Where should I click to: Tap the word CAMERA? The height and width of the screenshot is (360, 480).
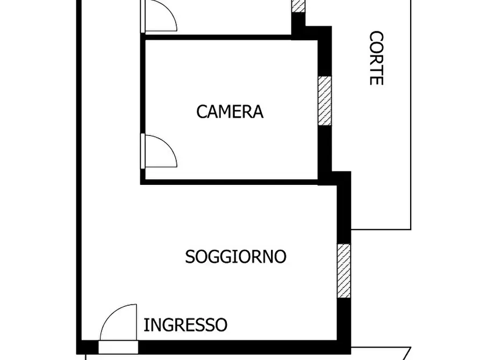(230, 112)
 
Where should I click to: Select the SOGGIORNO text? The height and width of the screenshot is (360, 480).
(235, 256)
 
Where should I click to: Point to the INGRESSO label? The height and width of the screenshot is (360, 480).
(185, 325)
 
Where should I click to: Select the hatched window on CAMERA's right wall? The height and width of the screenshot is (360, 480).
(325, 101)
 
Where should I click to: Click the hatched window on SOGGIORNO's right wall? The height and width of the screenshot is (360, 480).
(343, 270)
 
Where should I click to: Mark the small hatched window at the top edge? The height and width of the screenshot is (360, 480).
(298, 5)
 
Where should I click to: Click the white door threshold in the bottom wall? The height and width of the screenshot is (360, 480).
(118, 347)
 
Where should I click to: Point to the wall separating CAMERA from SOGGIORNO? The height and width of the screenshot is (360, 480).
(231, 182)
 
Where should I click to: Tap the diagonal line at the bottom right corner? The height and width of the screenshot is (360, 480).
(407, 354)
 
